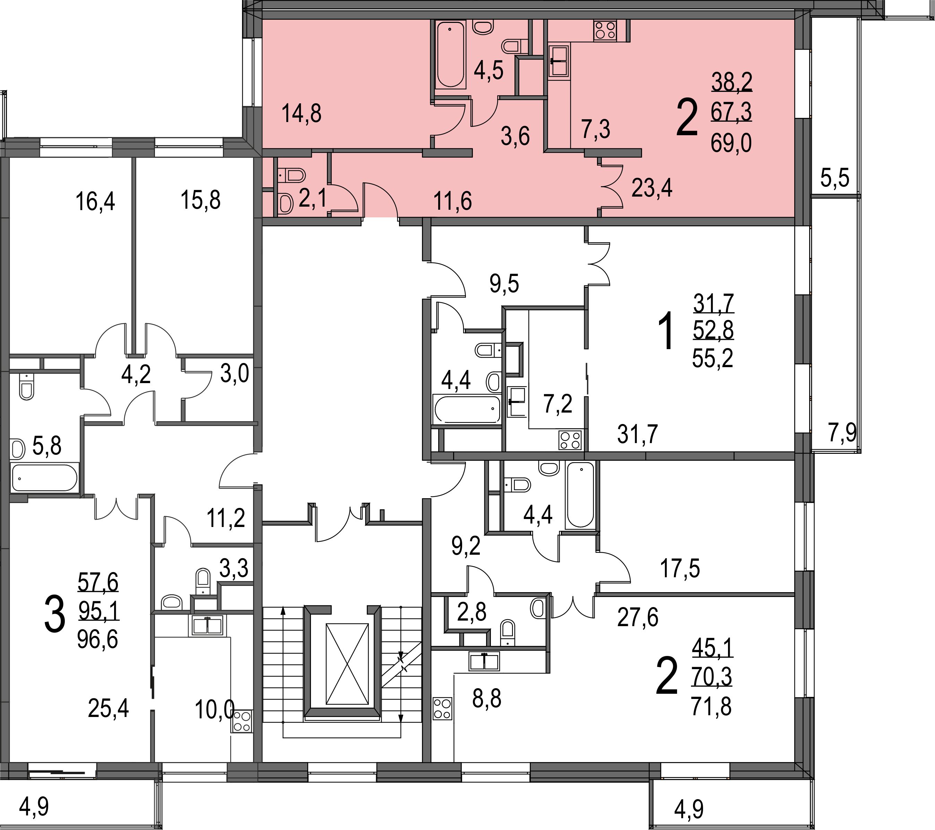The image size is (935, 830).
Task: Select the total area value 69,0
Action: tap(731, 144)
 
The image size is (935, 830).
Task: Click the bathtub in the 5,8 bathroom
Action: tap(44, 478)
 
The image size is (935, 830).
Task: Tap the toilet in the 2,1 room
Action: tap(292, 175)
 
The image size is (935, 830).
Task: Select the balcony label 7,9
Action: tap(842, 433)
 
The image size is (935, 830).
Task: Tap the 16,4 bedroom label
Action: tap(95, 202)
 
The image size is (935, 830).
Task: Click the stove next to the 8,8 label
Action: tap(442, 709)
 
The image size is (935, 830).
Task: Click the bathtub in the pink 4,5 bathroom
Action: tap(450, 54)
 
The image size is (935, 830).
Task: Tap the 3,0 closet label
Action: tap(234, 374)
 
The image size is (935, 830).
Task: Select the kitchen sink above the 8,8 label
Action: tap(484, 661)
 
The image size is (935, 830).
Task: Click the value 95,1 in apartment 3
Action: tap(98, 611)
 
